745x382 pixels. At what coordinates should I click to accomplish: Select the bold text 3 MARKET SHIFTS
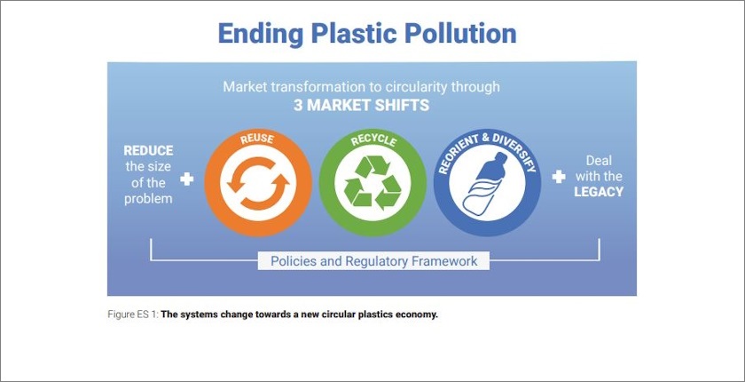[361, 105]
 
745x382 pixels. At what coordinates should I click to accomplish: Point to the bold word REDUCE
[148, 150]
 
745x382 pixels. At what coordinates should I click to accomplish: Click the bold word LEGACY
[599, 191]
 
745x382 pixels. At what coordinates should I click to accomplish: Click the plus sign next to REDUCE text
[186, 179]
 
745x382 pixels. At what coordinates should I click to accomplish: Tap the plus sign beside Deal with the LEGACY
[558, 177]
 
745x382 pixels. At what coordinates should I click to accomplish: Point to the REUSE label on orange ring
[257, 139]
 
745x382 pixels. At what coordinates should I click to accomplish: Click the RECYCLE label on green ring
[372, 139]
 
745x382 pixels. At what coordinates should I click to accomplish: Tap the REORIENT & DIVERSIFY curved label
[486, 142]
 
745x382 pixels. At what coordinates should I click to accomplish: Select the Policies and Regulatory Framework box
[373, 261]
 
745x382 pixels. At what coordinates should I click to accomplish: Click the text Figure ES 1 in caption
[132, 314]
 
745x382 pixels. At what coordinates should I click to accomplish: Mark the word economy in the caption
[414, 314]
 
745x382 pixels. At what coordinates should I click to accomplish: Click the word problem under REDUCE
[148, 198]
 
